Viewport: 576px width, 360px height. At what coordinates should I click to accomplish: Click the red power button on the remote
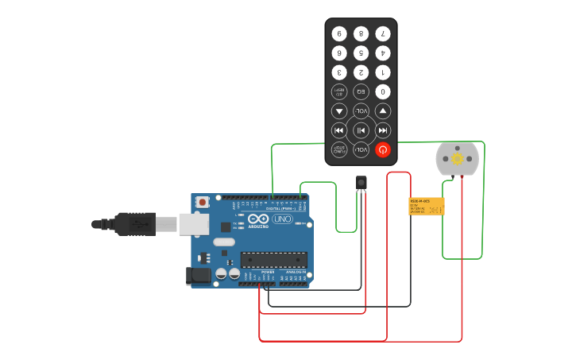tap(383, 149)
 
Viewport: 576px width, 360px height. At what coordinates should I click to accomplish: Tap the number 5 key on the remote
tap(361, 53)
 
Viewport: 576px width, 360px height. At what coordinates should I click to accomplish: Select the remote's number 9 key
tap(339, 34)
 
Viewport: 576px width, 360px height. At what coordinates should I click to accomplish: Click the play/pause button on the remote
tap(361, 130)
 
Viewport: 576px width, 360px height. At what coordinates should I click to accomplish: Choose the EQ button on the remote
tap(361, 91)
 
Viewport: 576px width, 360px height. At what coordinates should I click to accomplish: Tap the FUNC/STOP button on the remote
tap(339, 149)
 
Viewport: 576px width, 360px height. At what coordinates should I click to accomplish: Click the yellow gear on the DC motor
tap(458, 159)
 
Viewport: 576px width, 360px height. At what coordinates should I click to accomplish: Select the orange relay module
tap(427, 207)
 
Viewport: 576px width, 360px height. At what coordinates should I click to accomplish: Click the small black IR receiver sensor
tap(361, 183)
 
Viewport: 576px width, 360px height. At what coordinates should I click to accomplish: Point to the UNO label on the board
tap(283, 219)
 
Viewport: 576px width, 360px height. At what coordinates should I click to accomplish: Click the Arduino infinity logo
tap(259, 219)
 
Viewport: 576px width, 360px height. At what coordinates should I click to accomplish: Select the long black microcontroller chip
tap(274, 259)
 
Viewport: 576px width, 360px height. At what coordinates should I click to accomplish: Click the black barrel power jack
tap(199, 276)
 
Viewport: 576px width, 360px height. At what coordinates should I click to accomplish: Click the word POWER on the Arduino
tap(268, 272)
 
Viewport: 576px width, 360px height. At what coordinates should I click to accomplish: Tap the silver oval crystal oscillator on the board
tap(224, 242)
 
